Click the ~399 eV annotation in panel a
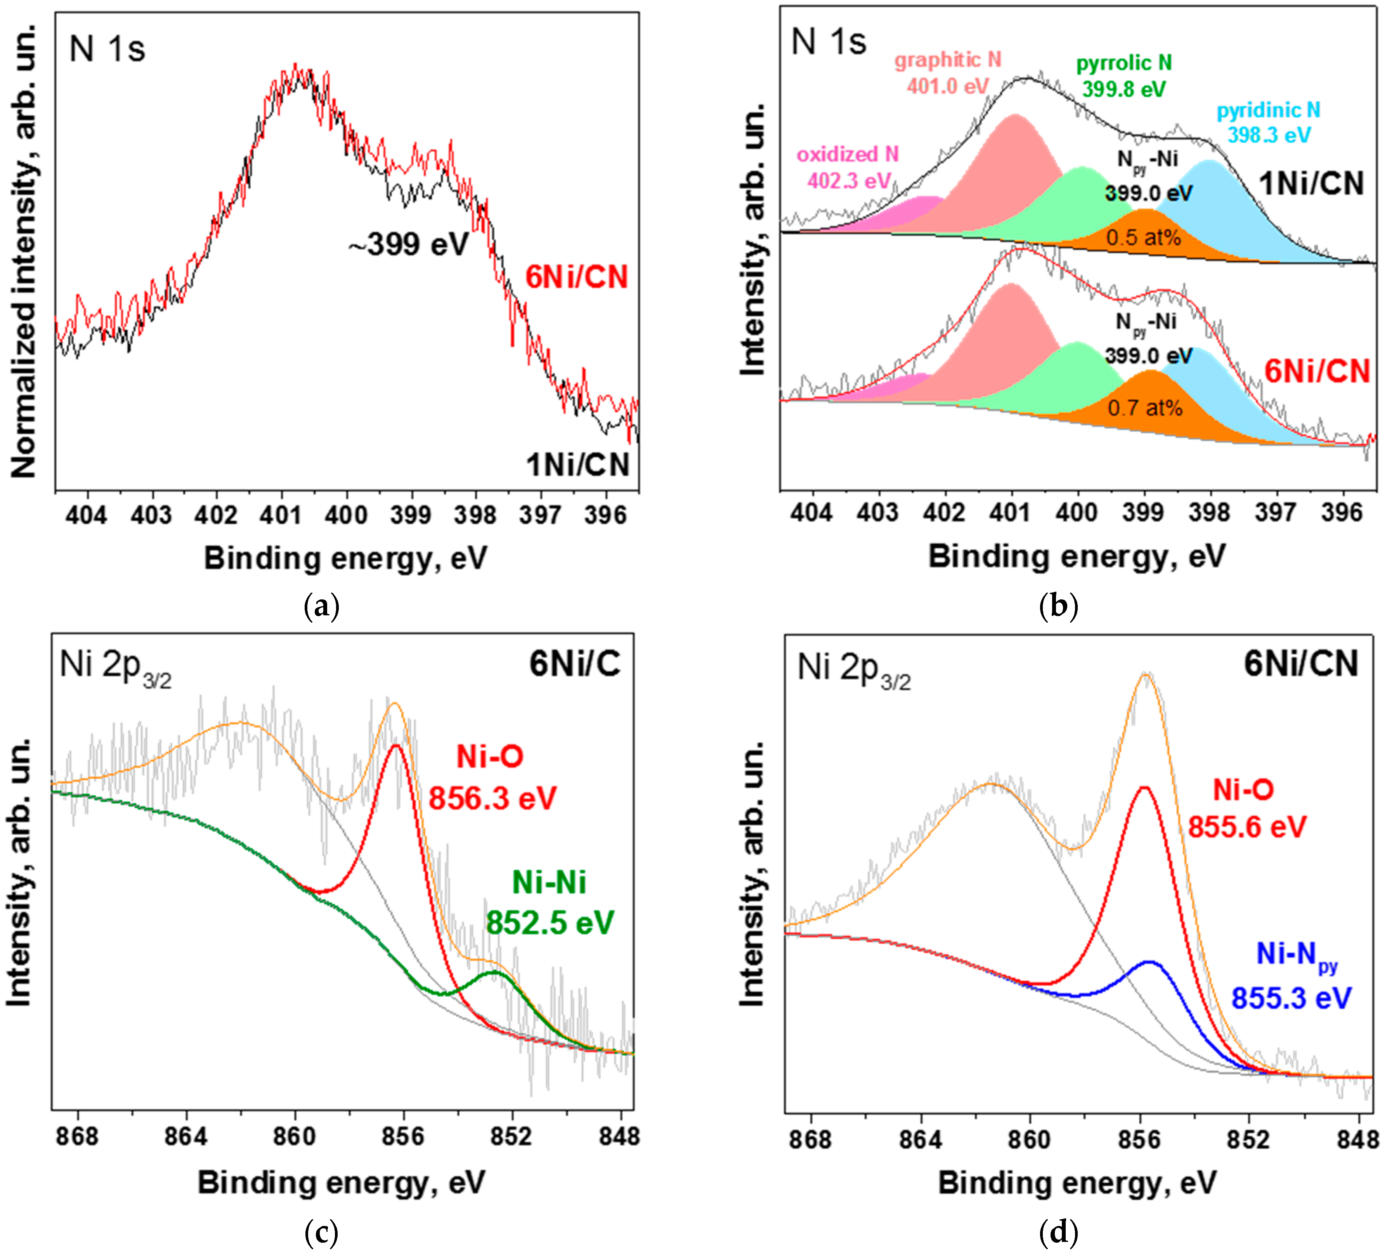click(x=409, y=244)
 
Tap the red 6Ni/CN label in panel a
click(x=577, y=277)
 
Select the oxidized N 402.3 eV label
click(x=848, y=167)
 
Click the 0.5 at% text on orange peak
click(x=1143, y=238)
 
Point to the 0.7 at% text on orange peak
click(x=1145, y=408)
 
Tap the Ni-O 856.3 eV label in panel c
click(x=491, y=778)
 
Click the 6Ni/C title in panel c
click(x=574, y=664)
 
